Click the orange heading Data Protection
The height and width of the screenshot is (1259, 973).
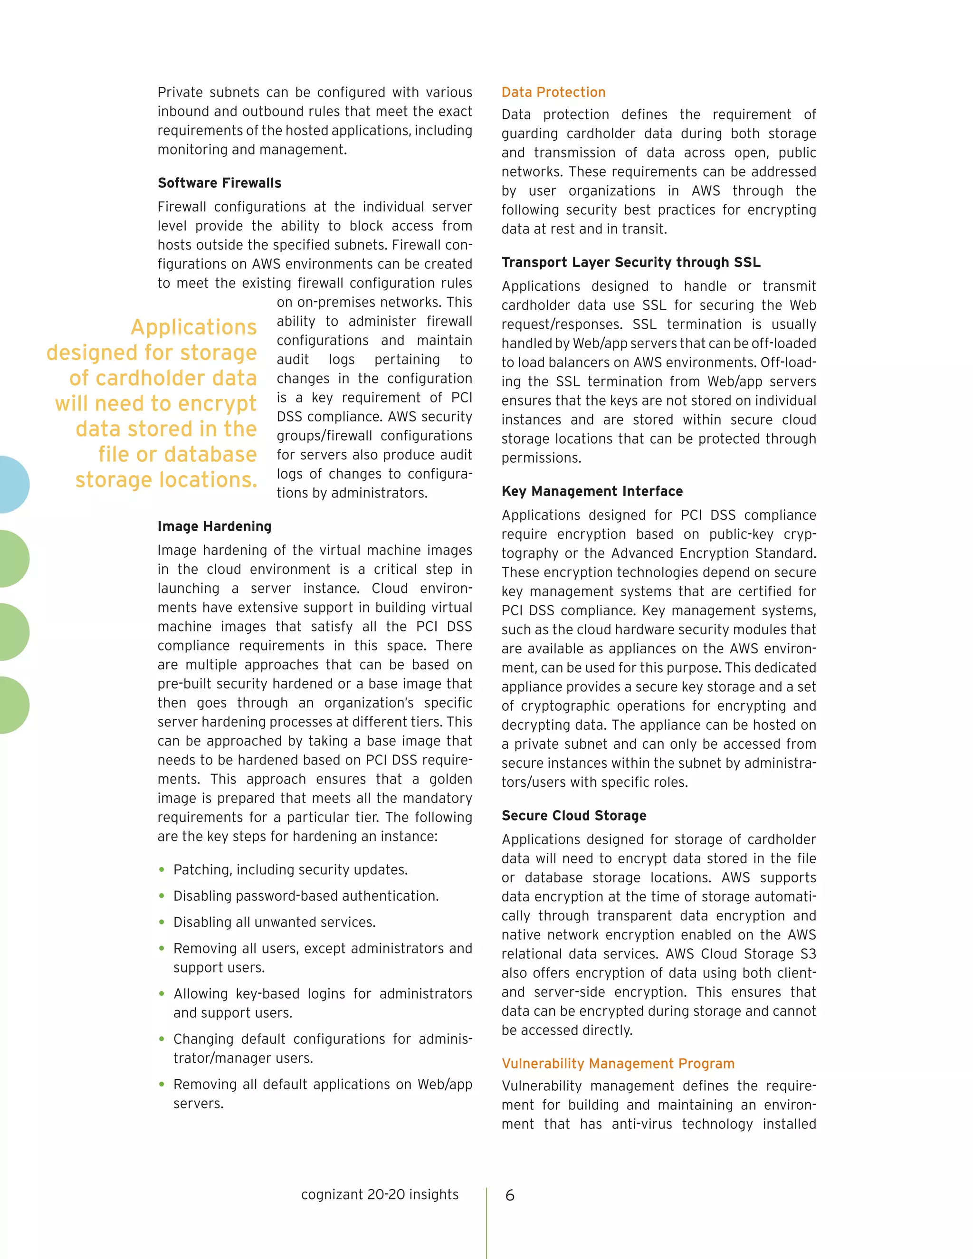553,92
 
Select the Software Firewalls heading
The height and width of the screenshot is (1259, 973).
219,183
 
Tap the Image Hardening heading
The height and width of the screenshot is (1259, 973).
214,526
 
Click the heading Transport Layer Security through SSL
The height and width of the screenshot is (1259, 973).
630,262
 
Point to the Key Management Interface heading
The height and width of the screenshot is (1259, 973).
591,491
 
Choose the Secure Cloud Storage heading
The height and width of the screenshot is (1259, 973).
573,816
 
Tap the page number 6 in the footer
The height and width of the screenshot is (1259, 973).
510,1196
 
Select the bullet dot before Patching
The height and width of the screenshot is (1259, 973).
162,869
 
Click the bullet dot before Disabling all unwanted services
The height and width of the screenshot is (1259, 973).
162,922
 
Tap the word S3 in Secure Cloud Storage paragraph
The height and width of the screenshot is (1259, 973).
808,954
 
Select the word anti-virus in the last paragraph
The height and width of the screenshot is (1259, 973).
641,1124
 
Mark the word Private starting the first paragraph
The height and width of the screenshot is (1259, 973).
180,93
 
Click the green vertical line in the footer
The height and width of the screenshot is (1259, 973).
486,1222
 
